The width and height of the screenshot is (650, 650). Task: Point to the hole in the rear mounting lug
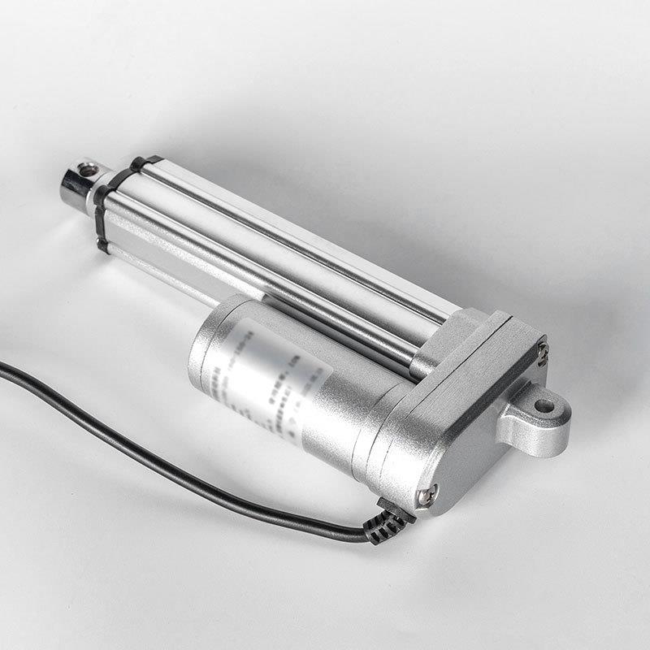(x=543, y=403)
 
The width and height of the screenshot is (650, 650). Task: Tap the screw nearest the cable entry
(x=424, y=492)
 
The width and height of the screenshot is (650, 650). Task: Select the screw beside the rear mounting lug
(x=542, y=351)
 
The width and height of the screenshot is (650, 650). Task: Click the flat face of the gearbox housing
(x=471, y=422)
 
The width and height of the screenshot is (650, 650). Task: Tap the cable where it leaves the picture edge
(x=3, y=370)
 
